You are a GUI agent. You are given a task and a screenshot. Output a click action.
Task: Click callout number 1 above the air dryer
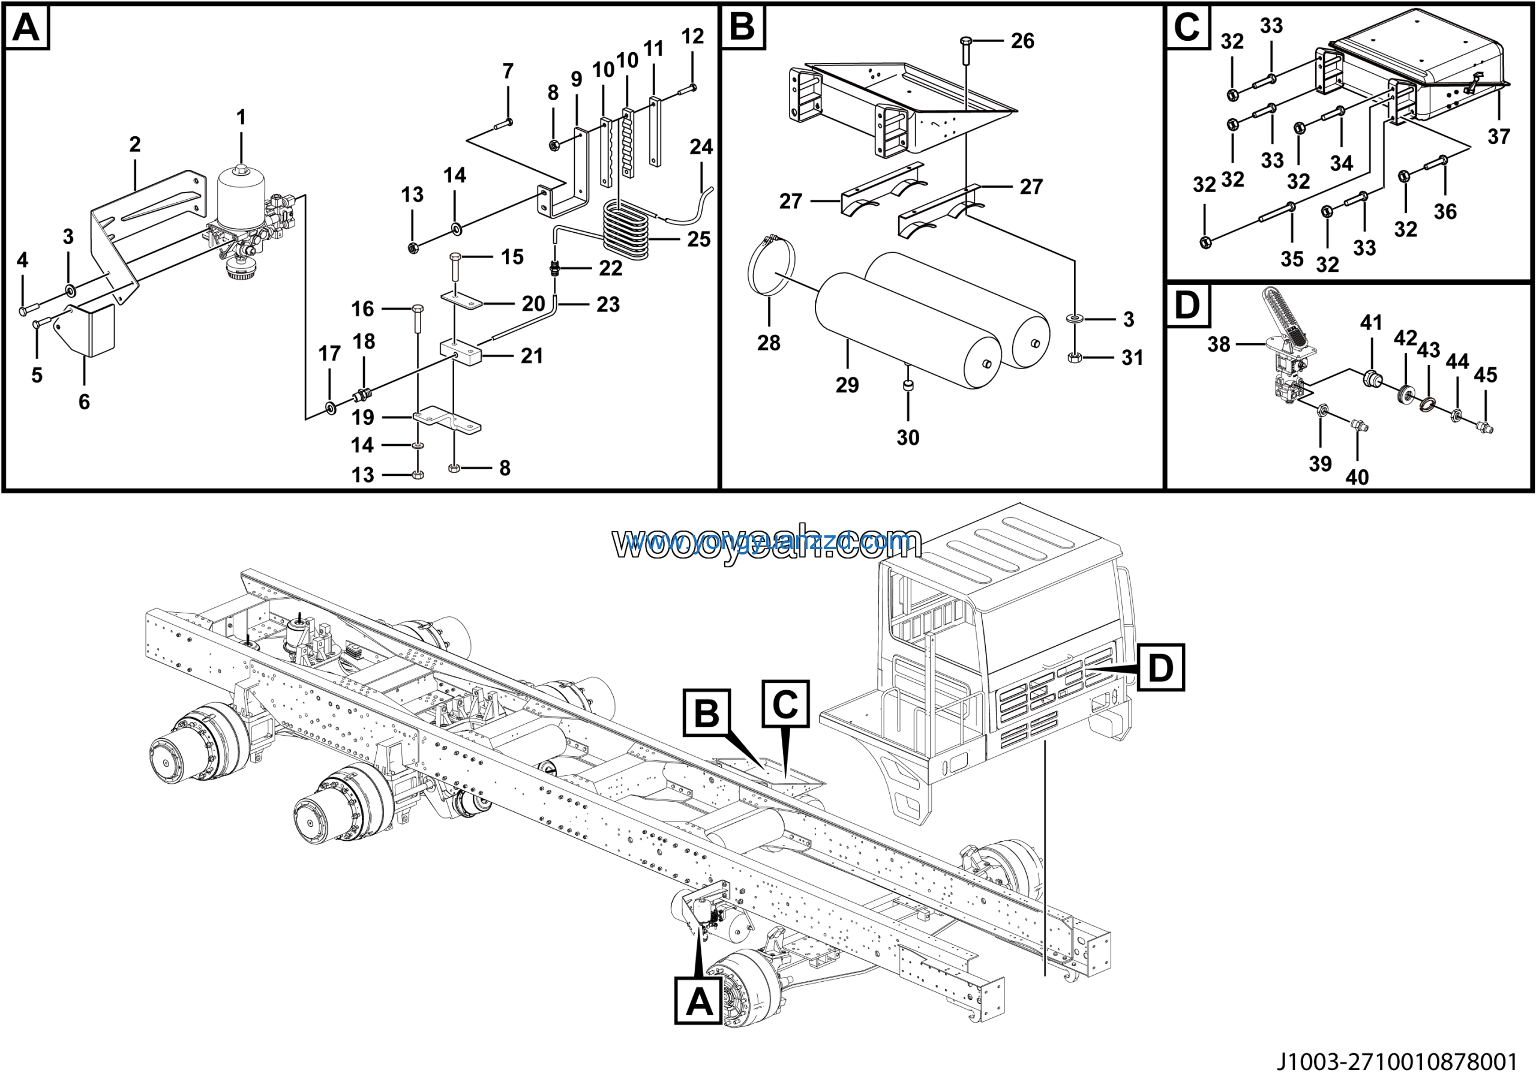(x=241, y=118)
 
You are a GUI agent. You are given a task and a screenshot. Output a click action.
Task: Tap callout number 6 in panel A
(x=84, y=401)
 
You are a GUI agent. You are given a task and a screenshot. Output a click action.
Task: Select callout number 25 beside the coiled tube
(x=699, y=239)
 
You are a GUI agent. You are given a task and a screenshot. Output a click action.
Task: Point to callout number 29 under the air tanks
(x=847, y=385)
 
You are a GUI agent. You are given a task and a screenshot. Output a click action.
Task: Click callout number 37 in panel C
(x=1499, y=136)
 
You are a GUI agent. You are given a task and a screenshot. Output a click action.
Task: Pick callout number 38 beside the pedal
(x=1218, y=344)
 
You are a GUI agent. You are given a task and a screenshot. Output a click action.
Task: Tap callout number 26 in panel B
(x=1022, y=41)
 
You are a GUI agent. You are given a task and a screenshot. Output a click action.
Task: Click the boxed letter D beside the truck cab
(x=1160, y=667)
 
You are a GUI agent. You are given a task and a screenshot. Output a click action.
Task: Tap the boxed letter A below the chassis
(x=698, y=1002)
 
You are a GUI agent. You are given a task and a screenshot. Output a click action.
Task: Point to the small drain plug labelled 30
(x=908, y=386)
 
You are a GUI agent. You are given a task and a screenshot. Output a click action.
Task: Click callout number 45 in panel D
(x=1485, y=375)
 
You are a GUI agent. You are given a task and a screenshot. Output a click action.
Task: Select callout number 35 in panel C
(x=1292, y=259)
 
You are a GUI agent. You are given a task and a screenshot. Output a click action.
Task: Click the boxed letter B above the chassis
(x=706, y=713)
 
